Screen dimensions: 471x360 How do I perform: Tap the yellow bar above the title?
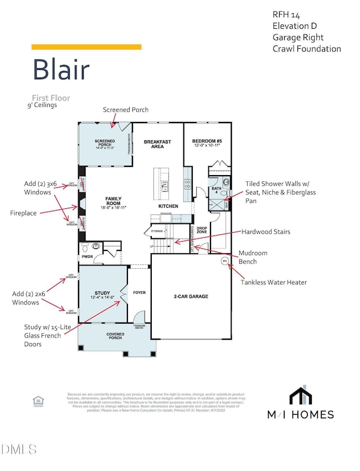[x=86, y=47]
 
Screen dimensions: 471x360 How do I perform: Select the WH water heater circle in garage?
[x=225, y=260]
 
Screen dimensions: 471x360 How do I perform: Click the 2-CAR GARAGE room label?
[x=190, y=296]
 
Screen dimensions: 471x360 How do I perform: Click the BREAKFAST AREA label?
[x=157, y=144]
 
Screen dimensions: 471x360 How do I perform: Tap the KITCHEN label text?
[x=169, y=206]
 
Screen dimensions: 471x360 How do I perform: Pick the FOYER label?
[x=139, y=292]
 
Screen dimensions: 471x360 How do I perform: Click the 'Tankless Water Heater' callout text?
[x=274, y=282]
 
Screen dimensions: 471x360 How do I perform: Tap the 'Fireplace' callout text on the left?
[x=23, y=212]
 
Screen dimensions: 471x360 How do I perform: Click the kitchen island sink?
[x=164, y=187]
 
